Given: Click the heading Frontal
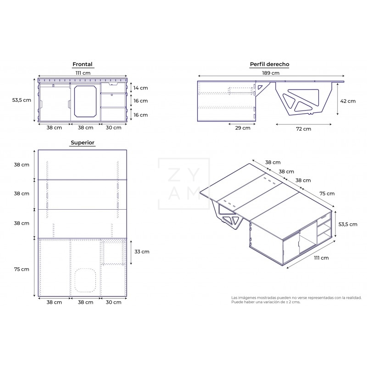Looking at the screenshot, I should coord(83,65).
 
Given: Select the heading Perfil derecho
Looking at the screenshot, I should coord(269,65).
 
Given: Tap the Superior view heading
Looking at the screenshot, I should coord(83,143).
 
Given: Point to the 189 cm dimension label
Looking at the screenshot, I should coord(271,73).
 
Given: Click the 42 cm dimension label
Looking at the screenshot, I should coord(348,101).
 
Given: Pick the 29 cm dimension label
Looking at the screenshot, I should coord(243,128).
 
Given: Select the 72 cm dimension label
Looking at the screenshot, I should coord(303,129).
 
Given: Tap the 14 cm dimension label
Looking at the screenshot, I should coord(140,88).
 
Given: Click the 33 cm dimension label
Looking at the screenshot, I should coord(142,251).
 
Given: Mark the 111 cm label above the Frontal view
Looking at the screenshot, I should coord(83,73).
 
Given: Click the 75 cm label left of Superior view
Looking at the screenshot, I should coord(22,269).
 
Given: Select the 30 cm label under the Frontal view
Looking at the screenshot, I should coord(113,128).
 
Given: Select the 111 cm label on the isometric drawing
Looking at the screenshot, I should coord(322,258).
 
